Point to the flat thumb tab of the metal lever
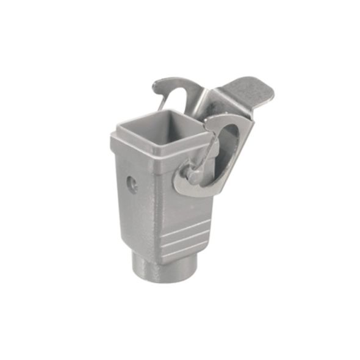pyautogui.click(x=247, y=92)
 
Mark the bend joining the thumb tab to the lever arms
pyautogui.click(x=211, y=98)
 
